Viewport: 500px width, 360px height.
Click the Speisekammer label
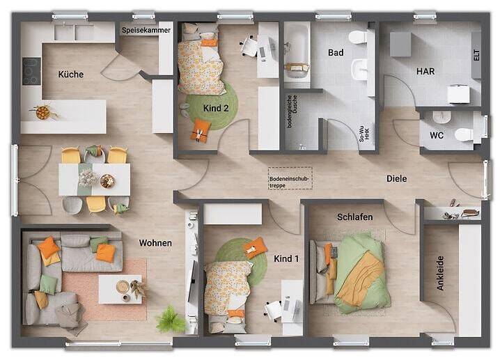point(146,31)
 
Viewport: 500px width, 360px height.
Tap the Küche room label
point(71,75)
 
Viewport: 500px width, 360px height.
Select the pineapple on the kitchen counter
point(42,112)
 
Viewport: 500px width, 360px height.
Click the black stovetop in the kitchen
point(31,72)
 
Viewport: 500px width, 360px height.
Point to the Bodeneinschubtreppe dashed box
point(290,178)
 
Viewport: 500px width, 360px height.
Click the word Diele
point(397,178)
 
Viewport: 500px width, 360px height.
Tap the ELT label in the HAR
point(476,55)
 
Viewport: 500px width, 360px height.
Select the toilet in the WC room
point(464,134)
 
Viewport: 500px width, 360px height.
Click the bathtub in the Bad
point(297,51)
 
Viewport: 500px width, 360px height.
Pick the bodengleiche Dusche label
point(292,111)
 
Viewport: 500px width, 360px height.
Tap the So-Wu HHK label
point(364,133)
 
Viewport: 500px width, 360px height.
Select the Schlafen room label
point(355,217)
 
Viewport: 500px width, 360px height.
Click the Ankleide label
point(440,273)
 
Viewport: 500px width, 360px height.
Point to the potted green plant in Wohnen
point(171,319)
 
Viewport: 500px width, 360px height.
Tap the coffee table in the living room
point(120,289)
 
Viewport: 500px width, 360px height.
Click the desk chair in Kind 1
point(273,310)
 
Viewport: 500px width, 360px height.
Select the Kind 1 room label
point(286,258)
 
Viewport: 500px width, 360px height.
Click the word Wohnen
point(155,243)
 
